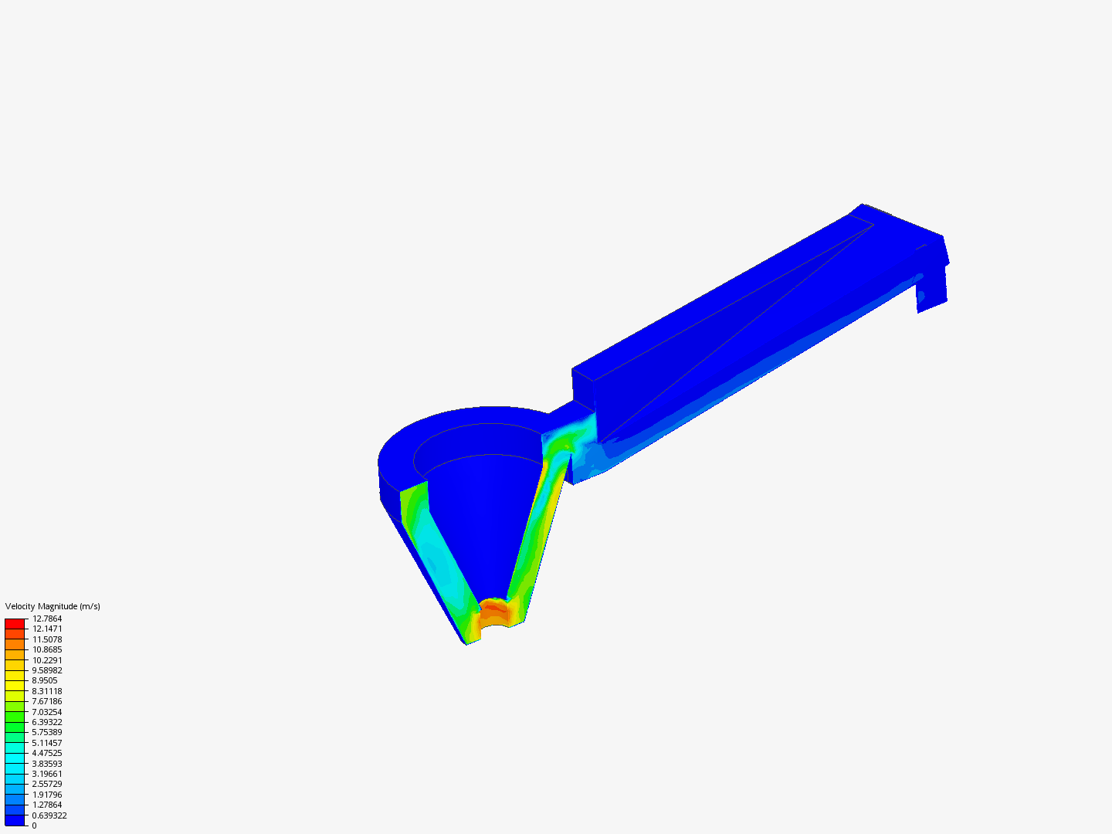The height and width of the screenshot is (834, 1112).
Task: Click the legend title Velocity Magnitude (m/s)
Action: pos(53,606)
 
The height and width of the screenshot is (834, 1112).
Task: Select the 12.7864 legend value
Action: pos(47,619)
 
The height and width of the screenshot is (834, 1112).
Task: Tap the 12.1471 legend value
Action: pos(47,629)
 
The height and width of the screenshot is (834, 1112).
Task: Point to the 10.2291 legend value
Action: pos(47,660)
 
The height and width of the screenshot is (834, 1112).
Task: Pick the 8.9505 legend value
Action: pos(45,680)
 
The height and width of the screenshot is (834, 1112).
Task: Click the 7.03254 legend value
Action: pos(47,712)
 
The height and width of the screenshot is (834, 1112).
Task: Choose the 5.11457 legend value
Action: pos(47,743)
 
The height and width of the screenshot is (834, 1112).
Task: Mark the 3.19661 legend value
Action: pos(47,774)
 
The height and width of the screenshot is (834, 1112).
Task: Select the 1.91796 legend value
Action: pos(47,795)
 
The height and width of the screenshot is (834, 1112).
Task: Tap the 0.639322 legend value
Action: pos(49,815)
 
